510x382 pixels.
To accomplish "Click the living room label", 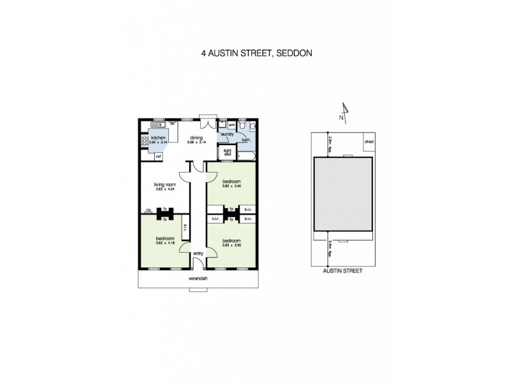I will tap(164, 185).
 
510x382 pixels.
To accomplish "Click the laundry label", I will tap(226, 134).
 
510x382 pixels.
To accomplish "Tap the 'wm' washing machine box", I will tap(231, 125).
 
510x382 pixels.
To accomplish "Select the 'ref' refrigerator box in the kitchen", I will tap(158, 155).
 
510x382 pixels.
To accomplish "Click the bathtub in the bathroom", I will tap(245, 155).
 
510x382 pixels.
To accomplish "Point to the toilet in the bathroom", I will tap(252, 126).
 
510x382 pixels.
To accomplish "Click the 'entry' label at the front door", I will tap(198, 254).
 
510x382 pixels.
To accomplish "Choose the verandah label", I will tap(198, 278).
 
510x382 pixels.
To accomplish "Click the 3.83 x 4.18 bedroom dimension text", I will tap(164, 243).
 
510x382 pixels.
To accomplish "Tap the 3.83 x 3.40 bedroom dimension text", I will tap(231, 186).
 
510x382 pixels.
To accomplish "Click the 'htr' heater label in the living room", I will tap(148, 209).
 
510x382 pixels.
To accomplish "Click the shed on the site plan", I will tap(368, 142).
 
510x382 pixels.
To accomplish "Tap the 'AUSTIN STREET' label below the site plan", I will tap(343, 270).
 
